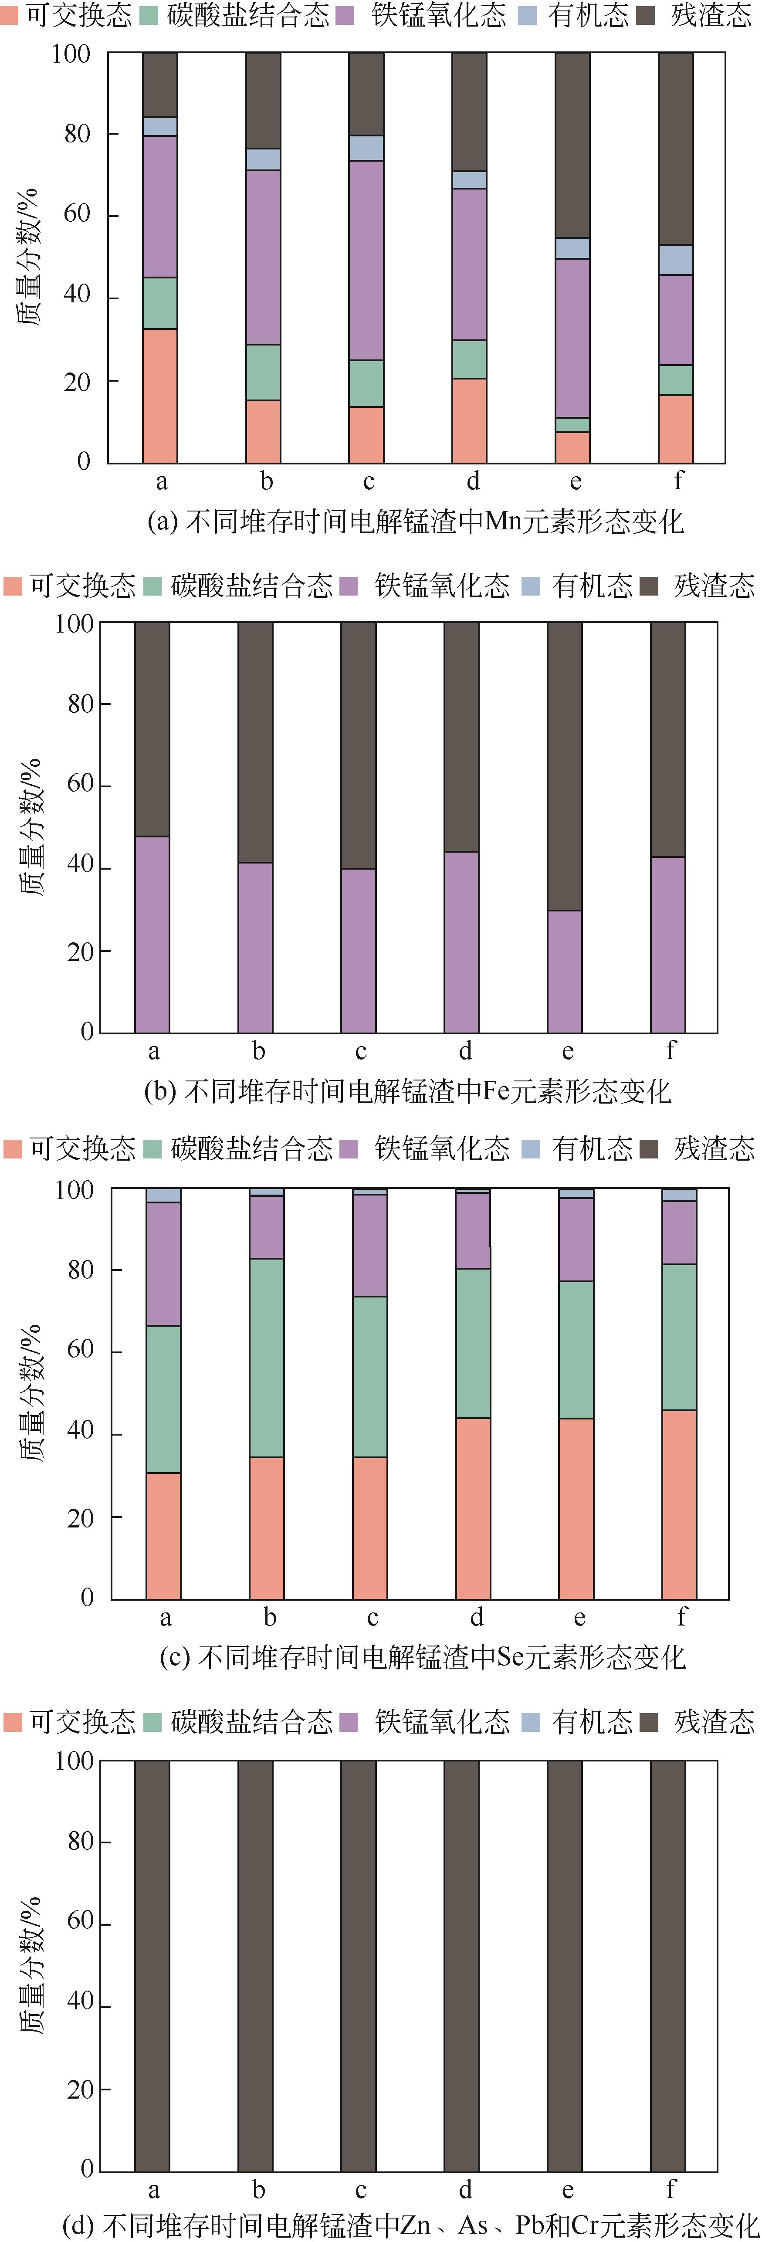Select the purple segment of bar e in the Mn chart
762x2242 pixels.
click(x=572, y=338)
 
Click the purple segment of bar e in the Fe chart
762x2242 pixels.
click(x=565, y=970)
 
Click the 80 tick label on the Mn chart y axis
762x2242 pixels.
click(x=77, y=134)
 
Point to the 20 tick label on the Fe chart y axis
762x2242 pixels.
click(x=80, y=951)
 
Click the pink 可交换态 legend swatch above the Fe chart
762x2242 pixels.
click(x=13, y=586)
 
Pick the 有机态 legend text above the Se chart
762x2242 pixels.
click(x=592, y=1149)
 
